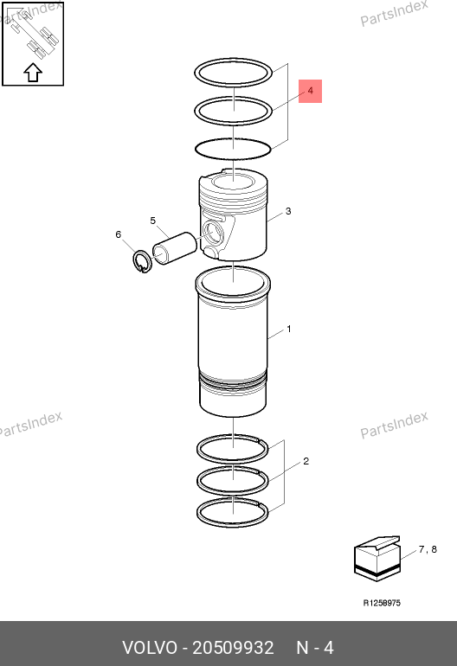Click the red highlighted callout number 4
click(311, 91)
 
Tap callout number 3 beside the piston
click(288, 211)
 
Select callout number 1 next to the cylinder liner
click(289, 329)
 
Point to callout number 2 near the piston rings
click(306, 461)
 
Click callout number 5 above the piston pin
click(153, 221)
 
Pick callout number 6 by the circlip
click(119, 234)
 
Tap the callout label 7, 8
click(428, 549)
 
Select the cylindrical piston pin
click(174, 247)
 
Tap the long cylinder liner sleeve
click(233, 341)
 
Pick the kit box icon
click(377, 559)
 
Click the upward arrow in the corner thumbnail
click(33, 72)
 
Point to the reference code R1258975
click(382, 603)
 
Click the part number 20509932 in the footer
click(233, 648)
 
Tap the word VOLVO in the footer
click(150, 648)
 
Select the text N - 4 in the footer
click(315, 648)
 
